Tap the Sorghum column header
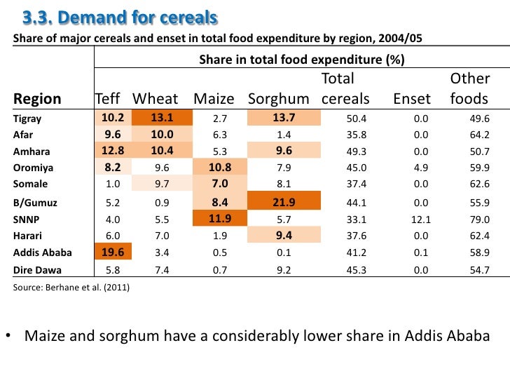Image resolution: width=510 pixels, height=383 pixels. coord(278,99)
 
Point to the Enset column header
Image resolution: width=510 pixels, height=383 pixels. coord(412,99)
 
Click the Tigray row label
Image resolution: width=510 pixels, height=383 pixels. coord(28,118)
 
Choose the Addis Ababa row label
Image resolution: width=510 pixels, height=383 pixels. coord(40,253)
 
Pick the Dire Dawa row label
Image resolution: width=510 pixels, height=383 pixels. coord(37,270)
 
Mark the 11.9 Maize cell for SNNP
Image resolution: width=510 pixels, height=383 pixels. coord(220,220)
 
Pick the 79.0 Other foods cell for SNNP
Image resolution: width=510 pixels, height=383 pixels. coord(480,220)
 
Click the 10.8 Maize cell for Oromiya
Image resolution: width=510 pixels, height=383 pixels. coord(220,167)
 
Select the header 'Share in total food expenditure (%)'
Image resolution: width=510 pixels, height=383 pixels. coord(301,60)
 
